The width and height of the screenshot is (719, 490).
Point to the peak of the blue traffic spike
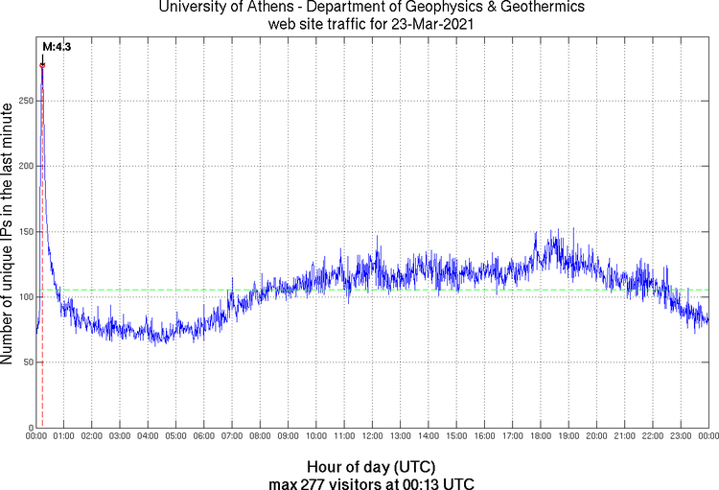click(x=42, y=65)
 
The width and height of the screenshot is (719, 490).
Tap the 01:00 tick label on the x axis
click(x=63, y=436)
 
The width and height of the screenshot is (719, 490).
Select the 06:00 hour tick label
click(x=203, y=436)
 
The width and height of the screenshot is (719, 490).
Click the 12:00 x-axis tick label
click(x=372, y=436)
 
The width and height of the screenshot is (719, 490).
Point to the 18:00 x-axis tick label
click(x=540, y=436)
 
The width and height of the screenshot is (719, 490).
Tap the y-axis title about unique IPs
click(x=9, y=235)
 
